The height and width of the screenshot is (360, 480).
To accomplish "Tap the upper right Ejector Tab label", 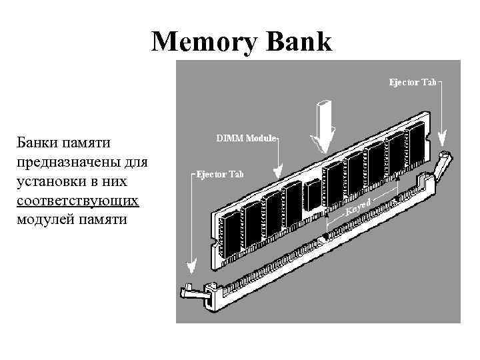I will click(x=413, y=83).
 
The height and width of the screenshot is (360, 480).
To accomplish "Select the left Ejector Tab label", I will click(x=221, y=174).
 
